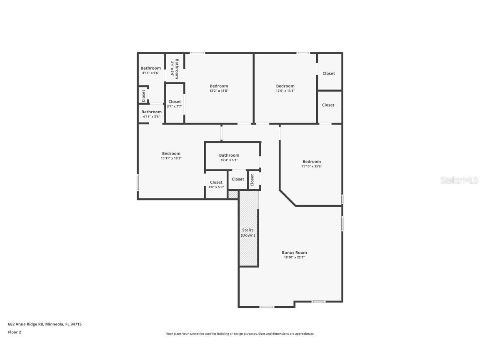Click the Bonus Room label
click(294, 252)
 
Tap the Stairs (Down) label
click(248, 232)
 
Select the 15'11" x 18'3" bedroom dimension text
click(171, 158)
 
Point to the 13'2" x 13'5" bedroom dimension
click(219, 91)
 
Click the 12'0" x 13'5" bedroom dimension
click(285, 91)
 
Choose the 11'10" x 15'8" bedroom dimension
click(312, 166)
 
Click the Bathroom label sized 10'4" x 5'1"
click(229, 155)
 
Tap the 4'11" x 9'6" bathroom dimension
click(150, 73)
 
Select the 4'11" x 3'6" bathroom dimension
click(151, 117)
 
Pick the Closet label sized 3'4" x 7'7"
click(175, 102)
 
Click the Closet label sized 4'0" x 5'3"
click(216, 182)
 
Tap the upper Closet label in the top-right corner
click(328, 73)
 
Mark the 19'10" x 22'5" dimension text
click(294, 257)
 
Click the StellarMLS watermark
click(460, 180)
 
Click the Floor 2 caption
click(14, 332)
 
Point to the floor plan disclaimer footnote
click(240, 334)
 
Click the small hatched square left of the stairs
click(233, 194)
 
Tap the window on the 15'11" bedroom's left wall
click(138, 183)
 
